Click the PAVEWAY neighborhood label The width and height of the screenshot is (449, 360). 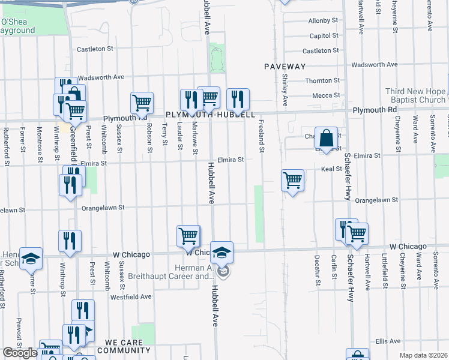285,67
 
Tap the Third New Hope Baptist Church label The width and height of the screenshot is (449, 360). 415,95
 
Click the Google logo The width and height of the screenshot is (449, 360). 20,353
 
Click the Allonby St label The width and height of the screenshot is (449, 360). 319,21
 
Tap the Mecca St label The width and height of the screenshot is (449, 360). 326,95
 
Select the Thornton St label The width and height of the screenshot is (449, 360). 322,80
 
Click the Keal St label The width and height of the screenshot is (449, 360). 331,169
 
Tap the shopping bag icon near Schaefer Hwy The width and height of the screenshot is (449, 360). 326,138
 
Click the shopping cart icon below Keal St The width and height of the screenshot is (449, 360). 292,180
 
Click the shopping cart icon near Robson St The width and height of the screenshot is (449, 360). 142,103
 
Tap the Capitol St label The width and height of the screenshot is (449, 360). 320,35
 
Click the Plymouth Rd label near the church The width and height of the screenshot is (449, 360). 375,110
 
